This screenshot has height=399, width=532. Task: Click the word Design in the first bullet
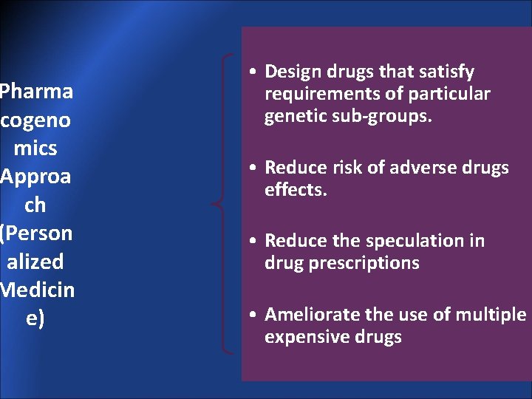(x=292, y=72)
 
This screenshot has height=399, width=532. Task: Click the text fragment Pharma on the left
(x=36, y=92)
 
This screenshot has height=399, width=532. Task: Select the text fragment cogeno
(x=36, y=120)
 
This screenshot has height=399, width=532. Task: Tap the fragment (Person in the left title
(x=36, y=233)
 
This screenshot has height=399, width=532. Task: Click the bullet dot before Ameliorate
(x=253, y=316)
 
